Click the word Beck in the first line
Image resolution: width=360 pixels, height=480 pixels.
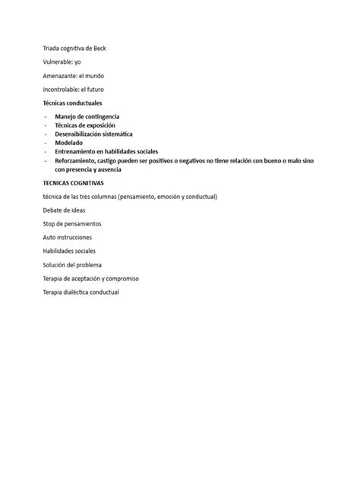[99, 48]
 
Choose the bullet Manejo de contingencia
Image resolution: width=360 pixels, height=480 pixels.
[87, 115]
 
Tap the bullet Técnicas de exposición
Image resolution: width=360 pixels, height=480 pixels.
[85, 125]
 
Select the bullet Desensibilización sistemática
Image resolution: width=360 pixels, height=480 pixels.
[93, 134]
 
